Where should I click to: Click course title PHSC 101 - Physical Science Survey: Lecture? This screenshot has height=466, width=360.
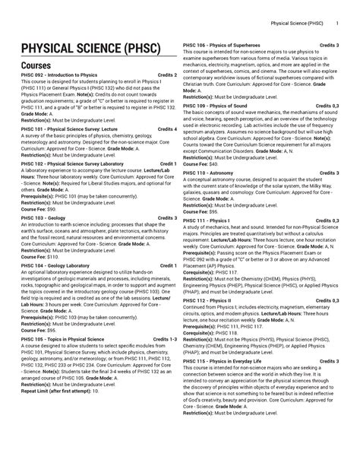coord(64,130)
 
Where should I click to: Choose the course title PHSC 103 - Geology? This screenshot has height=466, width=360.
coord(42,217)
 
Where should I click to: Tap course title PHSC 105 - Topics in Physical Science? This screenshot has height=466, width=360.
coord(64,338)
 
